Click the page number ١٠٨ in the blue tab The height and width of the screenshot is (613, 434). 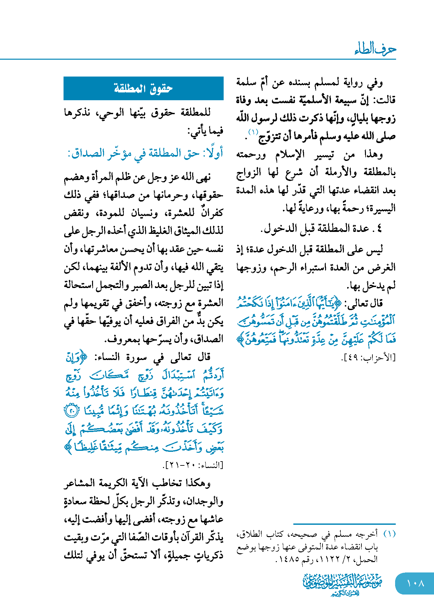pos(415,583)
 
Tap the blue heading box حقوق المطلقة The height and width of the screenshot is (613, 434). pos(143,88)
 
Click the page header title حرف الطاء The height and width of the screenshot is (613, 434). pos(375,49)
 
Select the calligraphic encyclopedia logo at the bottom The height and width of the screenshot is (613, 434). pos(343,584)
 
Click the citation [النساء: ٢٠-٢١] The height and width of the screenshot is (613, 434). pos(193,465)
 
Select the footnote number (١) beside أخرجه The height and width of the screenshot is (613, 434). pos(390,534)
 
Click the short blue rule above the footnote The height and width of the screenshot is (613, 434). pos(344,524)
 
